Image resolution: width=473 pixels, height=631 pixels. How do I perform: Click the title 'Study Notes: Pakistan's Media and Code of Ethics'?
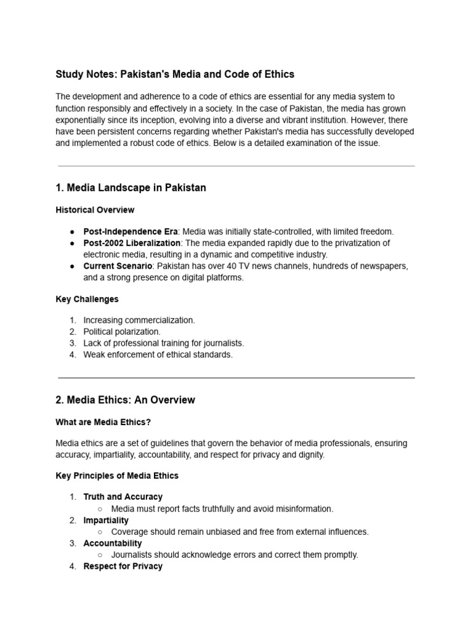(x=175, y=75)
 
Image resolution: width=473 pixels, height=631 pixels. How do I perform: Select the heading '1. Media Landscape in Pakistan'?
(x=131, y=188)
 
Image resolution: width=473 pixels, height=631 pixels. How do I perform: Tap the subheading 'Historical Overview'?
(x=95, y=210)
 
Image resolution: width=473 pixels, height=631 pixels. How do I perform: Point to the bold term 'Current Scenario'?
(x=117, y=266)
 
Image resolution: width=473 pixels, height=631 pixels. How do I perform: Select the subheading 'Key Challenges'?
(x=87, y=299)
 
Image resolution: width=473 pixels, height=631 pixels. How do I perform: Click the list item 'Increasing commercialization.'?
(x=139, y=320)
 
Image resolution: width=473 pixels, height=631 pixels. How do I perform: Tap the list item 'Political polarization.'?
(x=122, y=332)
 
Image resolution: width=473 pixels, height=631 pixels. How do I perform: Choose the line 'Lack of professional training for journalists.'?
(x=164, y=343)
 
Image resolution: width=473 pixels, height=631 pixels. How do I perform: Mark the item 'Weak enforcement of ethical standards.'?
(x=158, y=355)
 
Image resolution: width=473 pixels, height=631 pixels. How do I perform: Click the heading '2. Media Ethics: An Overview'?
(x=125, y=400)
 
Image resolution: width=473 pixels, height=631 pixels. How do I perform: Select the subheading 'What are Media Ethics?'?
(x=103, y=422)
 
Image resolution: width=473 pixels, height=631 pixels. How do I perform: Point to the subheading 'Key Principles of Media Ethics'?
(x=117, y=476)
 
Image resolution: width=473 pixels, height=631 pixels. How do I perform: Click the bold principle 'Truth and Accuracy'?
(x=123, y=497)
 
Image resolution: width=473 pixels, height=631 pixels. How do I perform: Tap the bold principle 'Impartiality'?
(x=106, y=520)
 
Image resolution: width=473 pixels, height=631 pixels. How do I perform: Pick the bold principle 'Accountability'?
(x=113, y=543)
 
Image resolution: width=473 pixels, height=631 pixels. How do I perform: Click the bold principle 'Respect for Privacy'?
(x=123, y=566)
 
